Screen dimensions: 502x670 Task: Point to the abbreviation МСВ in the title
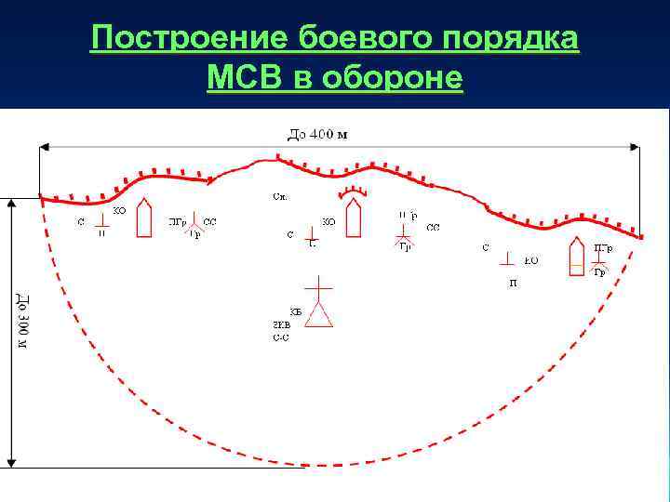[x=246, y=79]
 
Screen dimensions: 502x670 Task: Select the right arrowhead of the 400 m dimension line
[x=636, y=147]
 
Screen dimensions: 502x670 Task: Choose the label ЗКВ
[x=281, y=325]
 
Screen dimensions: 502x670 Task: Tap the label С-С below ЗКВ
[x=281, y=338]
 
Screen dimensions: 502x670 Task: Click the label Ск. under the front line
[x=280, y=197]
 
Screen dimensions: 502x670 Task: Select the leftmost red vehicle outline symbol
[x=143, y=218]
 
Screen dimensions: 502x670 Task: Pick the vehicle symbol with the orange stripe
[x=577, y=258]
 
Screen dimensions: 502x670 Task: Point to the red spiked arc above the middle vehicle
[x=353, y=192]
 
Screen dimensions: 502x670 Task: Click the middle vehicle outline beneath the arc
[x=353, y=220]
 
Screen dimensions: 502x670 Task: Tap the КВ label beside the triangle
[x=296, y=310]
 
